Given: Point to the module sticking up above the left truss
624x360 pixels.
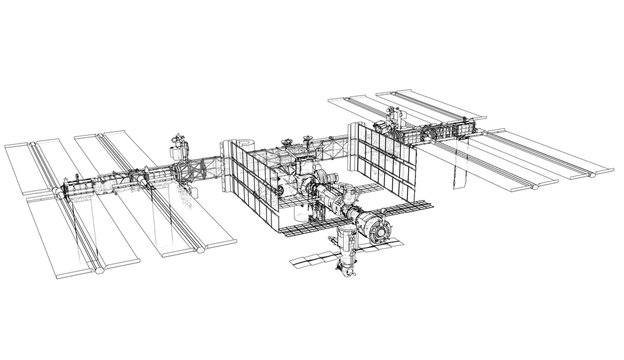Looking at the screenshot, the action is tap(179, 148).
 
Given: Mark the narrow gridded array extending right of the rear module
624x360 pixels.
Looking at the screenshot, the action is tap(410, 207).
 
